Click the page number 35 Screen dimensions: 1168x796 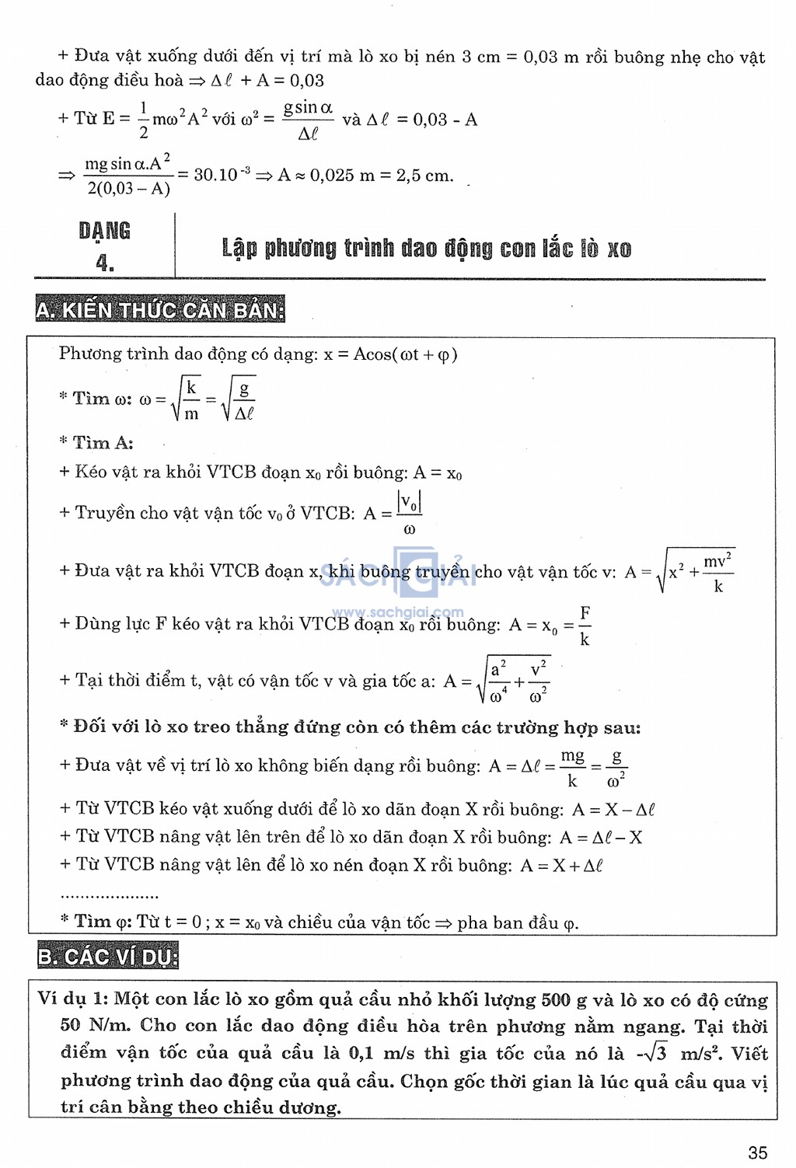tap(757, 1152)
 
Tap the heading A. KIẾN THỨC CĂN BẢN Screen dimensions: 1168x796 tap(160, 310)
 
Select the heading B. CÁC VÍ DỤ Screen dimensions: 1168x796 tap(108, 956)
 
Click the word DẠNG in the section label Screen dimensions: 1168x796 tap(104, 231)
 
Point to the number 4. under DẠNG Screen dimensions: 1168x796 tap(105, 263)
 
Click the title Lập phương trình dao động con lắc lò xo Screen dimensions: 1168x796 tap(426, 249)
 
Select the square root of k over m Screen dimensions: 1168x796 tap(186, 399)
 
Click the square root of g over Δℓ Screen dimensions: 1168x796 tap(239, 399)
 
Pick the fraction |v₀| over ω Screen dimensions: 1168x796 tap(409, 513)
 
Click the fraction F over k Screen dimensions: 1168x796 tap(585, 626)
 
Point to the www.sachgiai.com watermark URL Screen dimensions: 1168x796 tap(397, 612)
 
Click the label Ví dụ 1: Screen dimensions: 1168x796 tap(73, 999)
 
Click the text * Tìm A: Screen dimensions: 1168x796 tap(96, 443)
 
